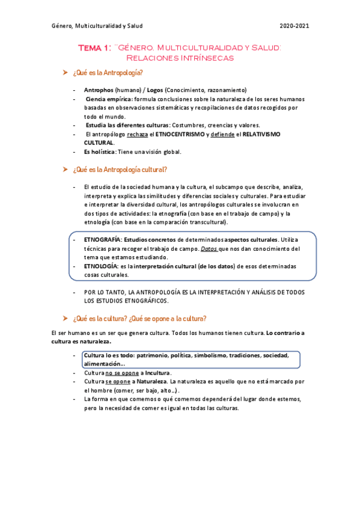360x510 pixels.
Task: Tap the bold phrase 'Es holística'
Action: point(100,152)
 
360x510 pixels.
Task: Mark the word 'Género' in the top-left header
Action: point(61,26)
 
